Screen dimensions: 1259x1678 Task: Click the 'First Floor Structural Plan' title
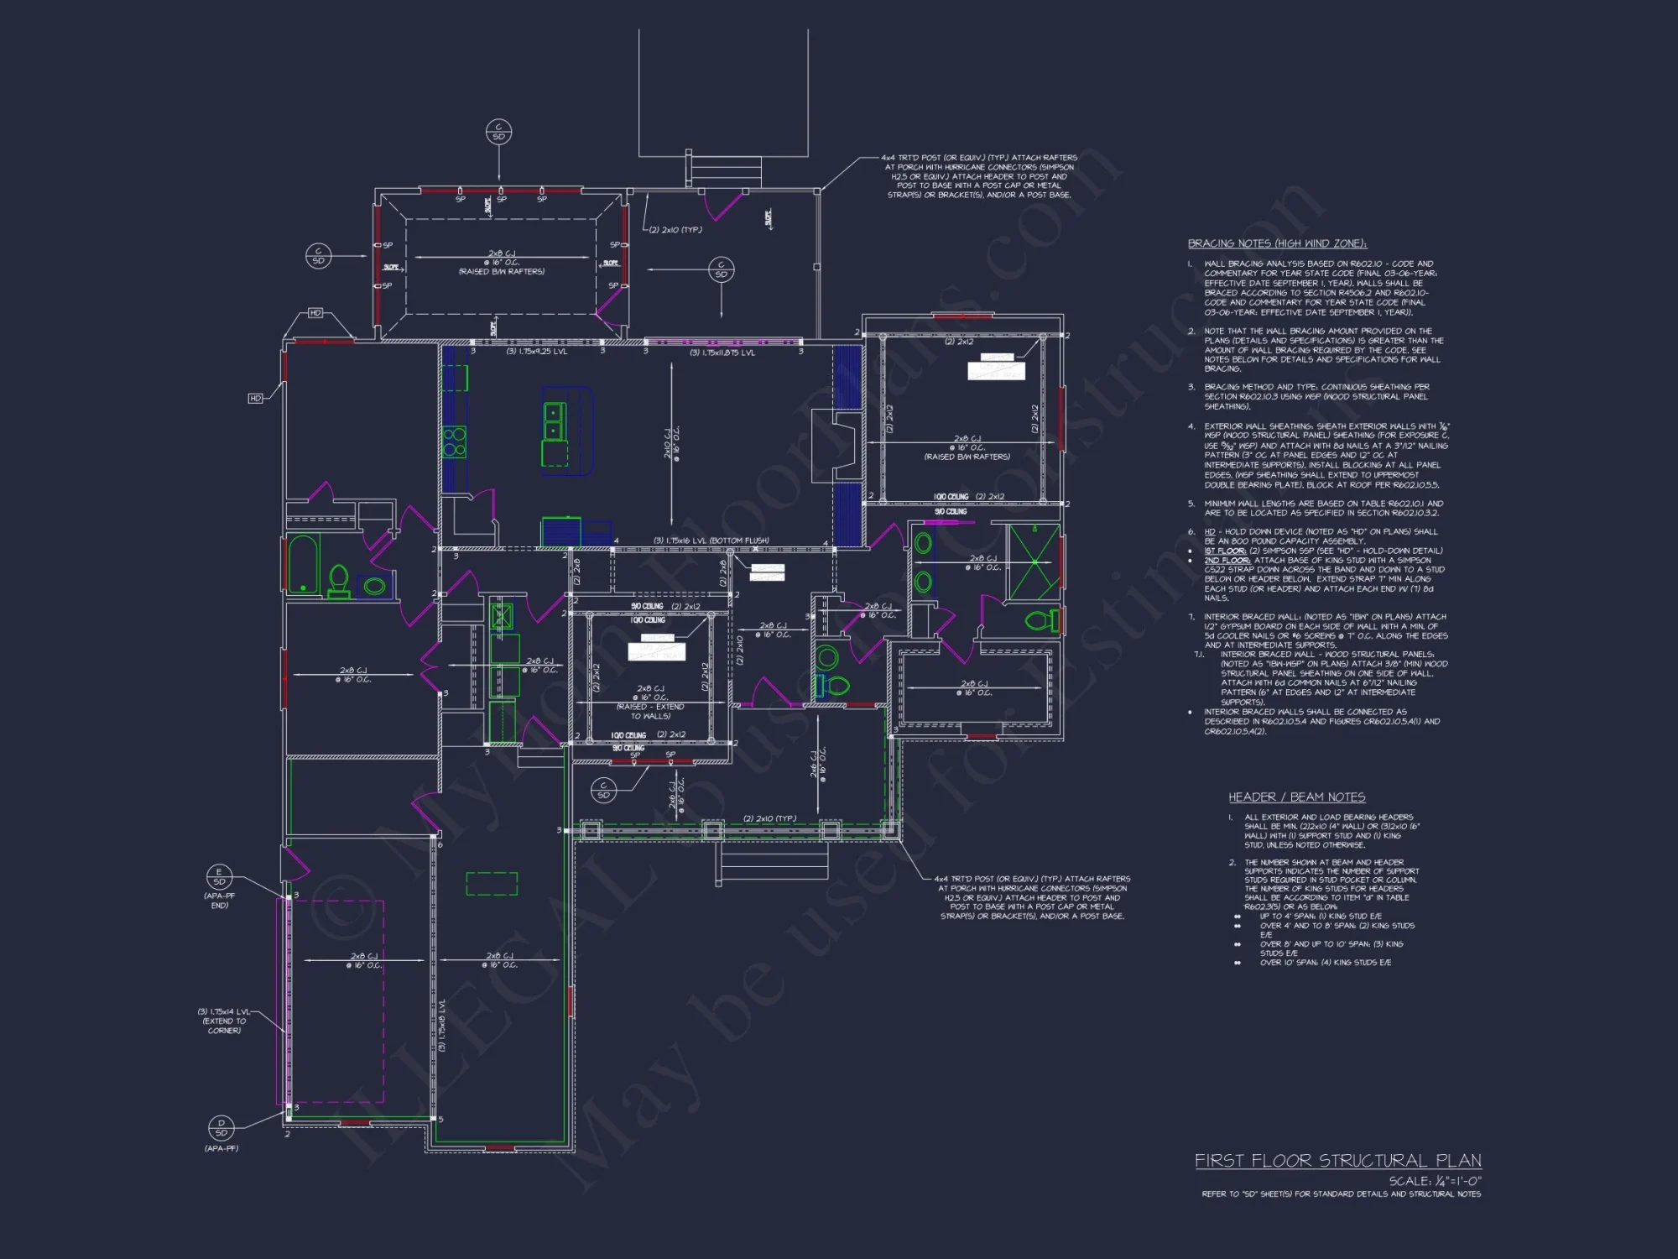click(1337, 1161)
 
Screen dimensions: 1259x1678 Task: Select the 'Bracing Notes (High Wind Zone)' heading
click(1277, 243)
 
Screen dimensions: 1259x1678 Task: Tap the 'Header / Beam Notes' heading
click(1296, 797)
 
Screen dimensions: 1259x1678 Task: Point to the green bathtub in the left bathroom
click(303, 564)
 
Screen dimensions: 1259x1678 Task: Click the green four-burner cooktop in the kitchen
click(455, 441)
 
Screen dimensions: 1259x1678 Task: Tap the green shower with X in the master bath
click(1034, 561)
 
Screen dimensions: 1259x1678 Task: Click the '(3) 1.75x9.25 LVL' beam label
click(536, 352)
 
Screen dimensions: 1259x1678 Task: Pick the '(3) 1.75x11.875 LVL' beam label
click(722, 353)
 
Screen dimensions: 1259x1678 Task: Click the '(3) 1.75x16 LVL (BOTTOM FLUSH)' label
click(711, 541)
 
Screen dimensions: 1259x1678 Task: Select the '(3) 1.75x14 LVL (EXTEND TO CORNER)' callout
click(224, 1021)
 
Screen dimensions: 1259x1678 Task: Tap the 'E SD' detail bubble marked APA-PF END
click(219, 877)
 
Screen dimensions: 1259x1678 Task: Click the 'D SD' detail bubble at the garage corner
click(221, 1127)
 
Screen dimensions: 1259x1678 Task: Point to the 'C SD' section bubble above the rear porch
click(498, 132)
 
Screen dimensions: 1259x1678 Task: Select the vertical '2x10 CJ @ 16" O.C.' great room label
click(672, 441)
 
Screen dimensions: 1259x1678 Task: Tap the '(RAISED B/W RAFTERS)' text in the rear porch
click(501, 272)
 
